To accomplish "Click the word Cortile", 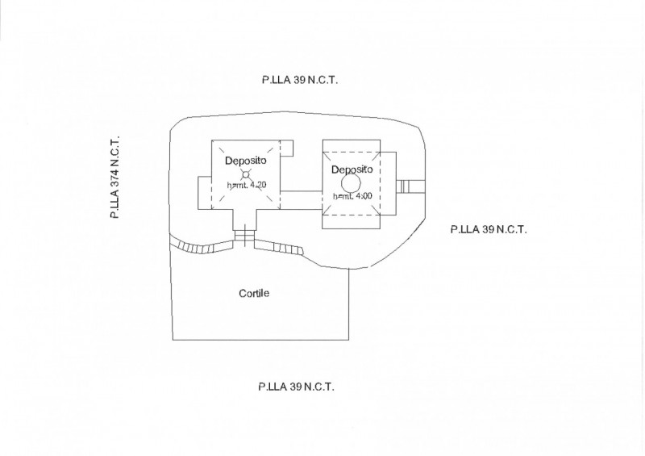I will click(254, 294).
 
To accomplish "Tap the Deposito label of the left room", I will click(246, 160).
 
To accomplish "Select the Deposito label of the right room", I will click(352, 169).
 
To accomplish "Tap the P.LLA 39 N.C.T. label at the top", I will click(299, 79).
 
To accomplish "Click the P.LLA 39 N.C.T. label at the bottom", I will click(296, 387).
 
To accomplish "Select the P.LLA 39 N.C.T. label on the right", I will click(488, 229).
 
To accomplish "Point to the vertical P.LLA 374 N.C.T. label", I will click(114, 178).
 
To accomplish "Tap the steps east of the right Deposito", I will click(405, 186).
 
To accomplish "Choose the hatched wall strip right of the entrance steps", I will click(277, 249).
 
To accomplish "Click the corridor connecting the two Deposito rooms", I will click(302, 199).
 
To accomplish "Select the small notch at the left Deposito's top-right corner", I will click(287, 149).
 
